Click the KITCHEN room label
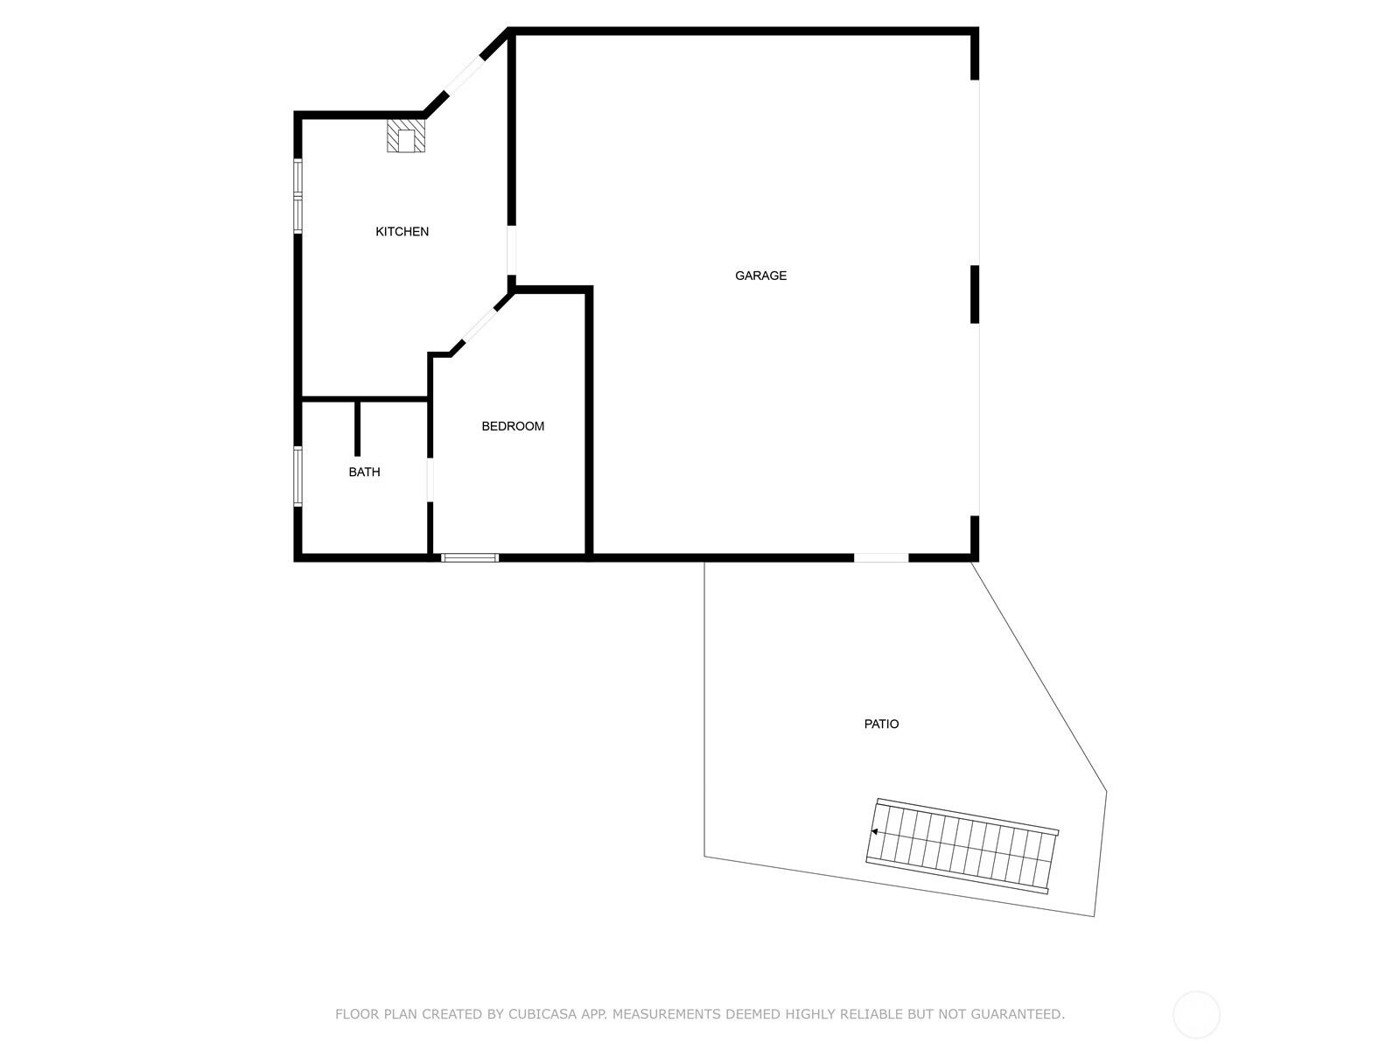point(402,232)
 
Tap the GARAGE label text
point(760,276)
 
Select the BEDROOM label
point(513,426)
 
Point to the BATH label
point(364,472)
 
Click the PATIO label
point(881,724)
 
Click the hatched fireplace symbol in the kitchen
point(406,136)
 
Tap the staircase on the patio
point(962,846)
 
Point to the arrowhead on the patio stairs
point(874,832)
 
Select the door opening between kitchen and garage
point(511,250)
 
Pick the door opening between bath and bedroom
point(430,480)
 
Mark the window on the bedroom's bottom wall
point(470,557)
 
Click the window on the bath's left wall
point(297,476)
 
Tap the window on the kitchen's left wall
point(297,195)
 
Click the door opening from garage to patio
point(881,557)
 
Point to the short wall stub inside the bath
point(357,429)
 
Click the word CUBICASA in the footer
point(570,1015)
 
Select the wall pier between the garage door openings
point(975,294)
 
